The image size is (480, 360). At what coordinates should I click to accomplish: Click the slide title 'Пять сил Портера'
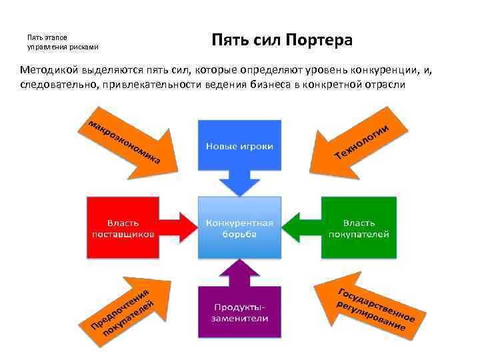(x=281, y=41)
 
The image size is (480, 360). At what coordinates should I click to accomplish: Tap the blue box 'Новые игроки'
(x=239, y=145)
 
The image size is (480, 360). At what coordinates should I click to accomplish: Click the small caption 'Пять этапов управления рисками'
(x=63, y=42)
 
